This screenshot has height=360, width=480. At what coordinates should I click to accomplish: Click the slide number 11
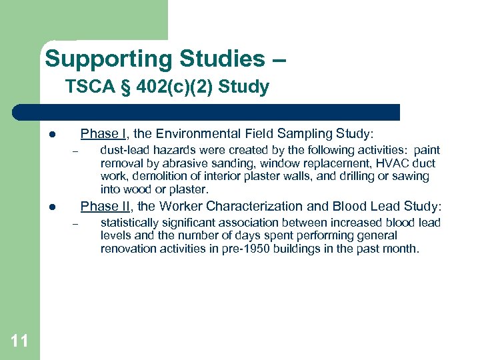pyautogui.click(x=20, y=341)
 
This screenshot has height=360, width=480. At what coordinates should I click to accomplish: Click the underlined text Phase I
pyautogui.click(x=102, y=133)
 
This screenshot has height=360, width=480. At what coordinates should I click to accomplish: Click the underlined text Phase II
pyautogui.click(x=104, y=206)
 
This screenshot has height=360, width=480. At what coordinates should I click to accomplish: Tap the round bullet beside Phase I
pyautogui.click(x=51, y=134)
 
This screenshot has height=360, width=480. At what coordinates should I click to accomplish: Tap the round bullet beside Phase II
pyautogui.click(x=51, y=207)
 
